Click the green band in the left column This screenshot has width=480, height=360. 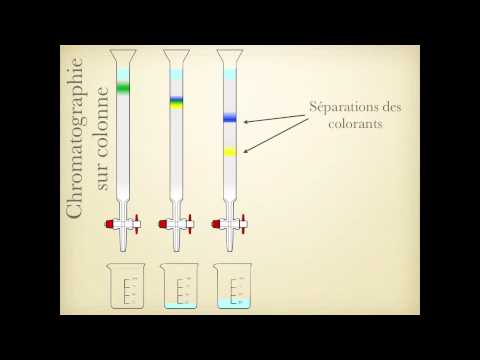(x=123, y=88)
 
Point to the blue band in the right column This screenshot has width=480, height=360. (x=229, y=119)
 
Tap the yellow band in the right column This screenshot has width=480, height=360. (x=229, y=152)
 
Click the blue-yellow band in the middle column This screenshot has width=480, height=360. (x=176, y=101)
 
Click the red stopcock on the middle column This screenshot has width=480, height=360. (x=167, y=224)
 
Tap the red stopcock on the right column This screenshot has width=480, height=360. (x=220, y=224)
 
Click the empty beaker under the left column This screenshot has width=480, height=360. (x=126, y=286)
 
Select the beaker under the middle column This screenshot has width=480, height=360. (x=179, y=286)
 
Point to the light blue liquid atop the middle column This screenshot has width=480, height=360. (x=176, y=72)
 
